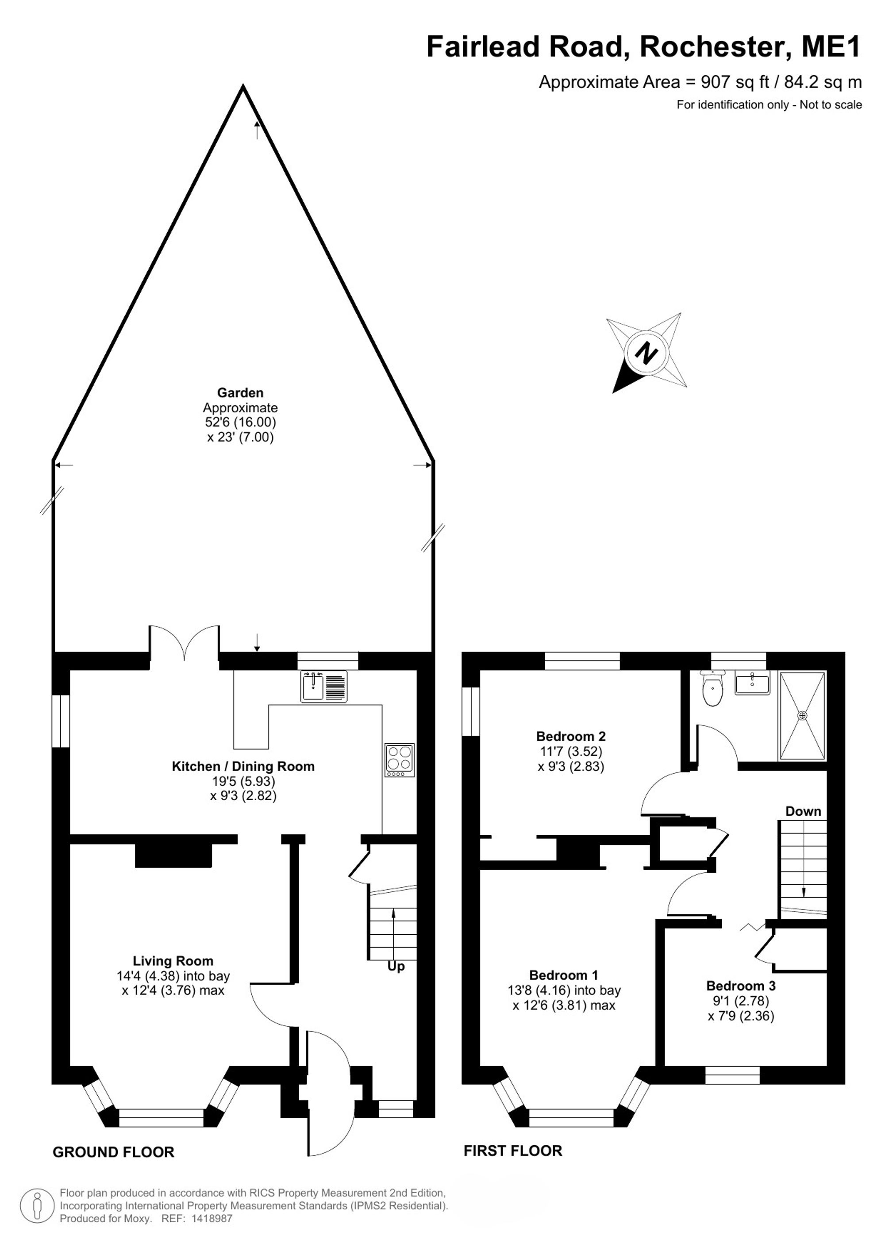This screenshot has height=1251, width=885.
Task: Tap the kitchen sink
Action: (324, 687)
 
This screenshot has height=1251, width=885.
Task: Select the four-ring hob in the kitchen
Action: (400, 760)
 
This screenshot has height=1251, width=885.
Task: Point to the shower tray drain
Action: (802, 715)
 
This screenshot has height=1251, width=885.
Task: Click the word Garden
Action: (240, 392)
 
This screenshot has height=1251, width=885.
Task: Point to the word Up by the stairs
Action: (396, 967)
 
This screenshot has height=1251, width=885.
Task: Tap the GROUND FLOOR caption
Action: (113, 1152)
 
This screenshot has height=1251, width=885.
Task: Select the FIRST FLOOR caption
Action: (513, 1151)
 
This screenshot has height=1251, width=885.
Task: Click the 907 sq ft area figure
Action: (735, 82)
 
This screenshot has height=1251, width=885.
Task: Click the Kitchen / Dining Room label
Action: (243, 766)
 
